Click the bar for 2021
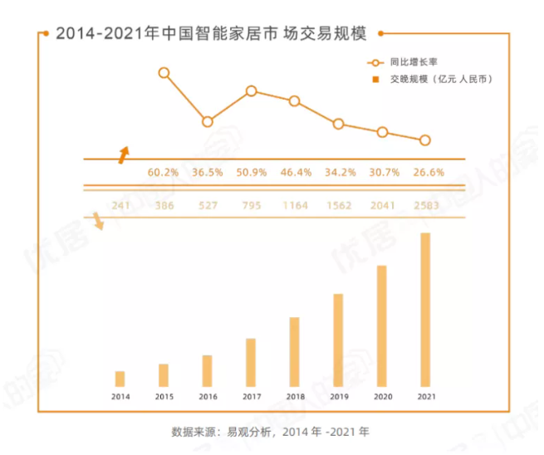point(425,310)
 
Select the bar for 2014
point(120,379)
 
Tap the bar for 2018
point(294,352)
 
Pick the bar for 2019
point(338,340)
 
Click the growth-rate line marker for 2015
point(164,73)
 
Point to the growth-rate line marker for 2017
point(251,91)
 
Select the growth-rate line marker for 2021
point(425,140)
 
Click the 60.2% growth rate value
point(164,173)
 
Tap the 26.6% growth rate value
point(428,173)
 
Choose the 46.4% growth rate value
point(296,173)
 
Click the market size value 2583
point(428,205)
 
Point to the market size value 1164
point(294,205)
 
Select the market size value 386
point(164,205)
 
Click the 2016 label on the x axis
point(207,397)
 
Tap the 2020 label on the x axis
point(382,397)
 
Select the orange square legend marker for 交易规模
point(376,79)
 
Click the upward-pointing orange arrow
point(123,154)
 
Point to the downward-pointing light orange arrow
point(99,221)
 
